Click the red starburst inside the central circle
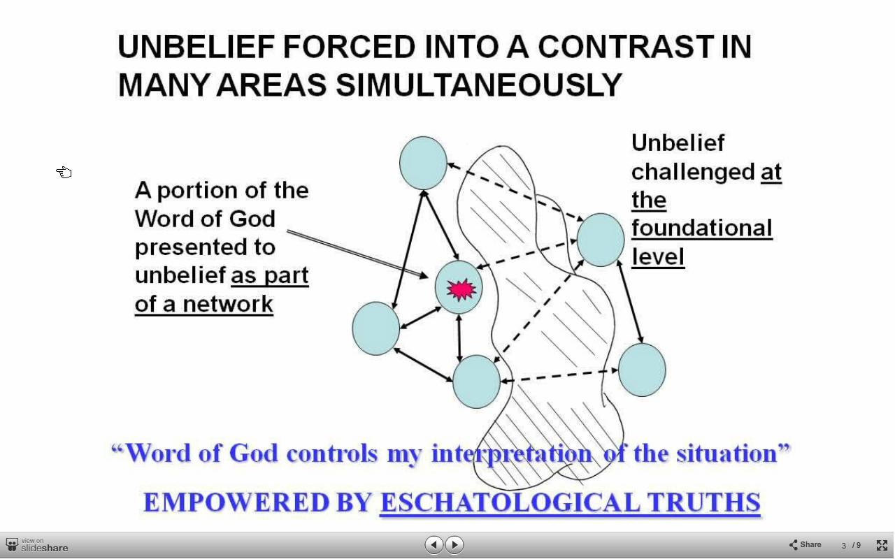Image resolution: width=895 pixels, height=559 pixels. click(461, 289)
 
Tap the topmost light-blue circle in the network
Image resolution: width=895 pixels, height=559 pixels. click(423, 163)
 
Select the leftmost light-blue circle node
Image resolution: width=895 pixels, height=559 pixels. click(375, 328)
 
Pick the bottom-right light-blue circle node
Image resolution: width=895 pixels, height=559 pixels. click(642, 370)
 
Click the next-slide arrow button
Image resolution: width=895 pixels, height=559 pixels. click(454, 544)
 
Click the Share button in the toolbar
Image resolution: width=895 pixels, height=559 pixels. click(805, 544)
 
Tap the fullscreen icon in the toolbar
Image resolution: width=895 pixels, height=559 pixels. click(882, 545)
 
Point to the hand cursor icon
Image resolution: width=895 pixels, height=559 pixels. click(64, 172)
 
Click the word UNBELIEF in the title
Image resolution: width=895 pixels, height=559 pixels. click(196, 47)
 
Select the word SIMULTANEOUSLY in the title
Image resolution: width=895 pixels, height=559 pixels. click(479, 85)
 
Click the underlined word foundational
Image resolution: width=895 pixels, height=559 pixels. click(701, 228)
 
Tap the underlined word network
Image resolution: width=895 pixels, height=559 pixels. click(228, 304)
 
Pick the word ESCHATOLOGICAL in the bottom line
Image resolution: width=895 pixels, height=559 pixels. click(510, 502)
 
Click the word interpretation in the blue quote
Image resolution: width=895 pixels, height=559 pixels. click(512, 454)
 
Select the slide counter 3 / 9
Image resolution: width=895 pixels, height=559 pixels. click(851, 546)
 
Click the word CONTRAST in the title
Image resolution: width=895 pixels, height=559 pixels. click(626, 47)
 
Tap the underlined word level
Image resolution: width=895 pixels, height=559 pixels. click(658, 256)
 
